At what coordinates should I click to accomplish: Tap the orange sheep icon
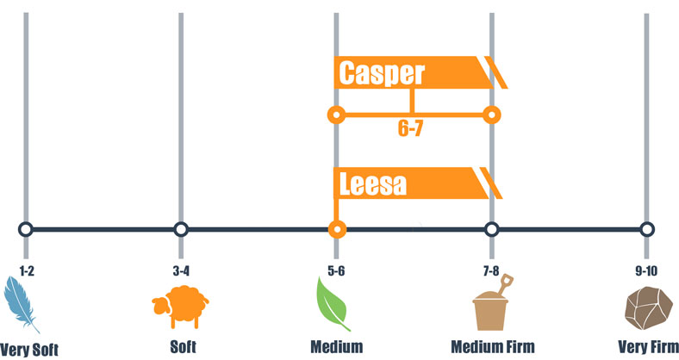click(x=181, y=306)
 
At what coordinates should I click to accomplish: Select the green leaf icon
click(x=332, y=304)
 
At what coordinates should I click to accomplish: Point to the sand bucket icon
click(x=492, y=303)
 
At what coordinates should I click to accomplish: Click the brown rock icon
click(x=648, y=307)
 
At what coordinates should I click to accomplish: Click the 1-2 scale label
click(x=27, y=271)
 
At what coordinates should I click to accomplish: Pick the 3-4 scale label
click(x=181, y=271)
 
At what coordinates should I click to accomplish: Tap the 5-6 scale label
click(x=336, y=271)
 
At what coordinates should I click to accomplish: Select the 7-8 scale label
click(x=491, y=271)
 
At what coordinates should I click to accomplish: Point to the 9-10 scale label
click(x=646, y=271)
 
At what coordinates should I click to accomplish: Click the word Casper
click(x=382, y=73)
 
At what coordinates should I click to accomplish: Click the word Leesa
click(x=373, y=184)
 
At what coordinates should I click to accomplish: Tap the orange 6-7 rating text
click(x=410, y=128)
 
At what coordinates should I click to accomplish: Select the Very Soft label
click(x=29, y=349)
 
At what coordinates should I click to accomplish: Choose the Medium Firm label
click(x=493, y=346)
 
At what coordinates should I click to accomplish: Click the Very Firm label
click(x=648, y=346)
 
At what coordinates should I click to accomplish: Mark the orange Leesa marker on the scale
click(x=337, y=229)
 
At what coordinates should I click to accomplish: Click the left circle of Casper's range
click(x=336, y=115)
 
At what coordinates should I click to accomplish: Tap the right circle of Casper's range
click(x=491, y=115)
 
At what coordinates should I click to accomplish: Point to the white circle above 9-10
click(x=646, y=229)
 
